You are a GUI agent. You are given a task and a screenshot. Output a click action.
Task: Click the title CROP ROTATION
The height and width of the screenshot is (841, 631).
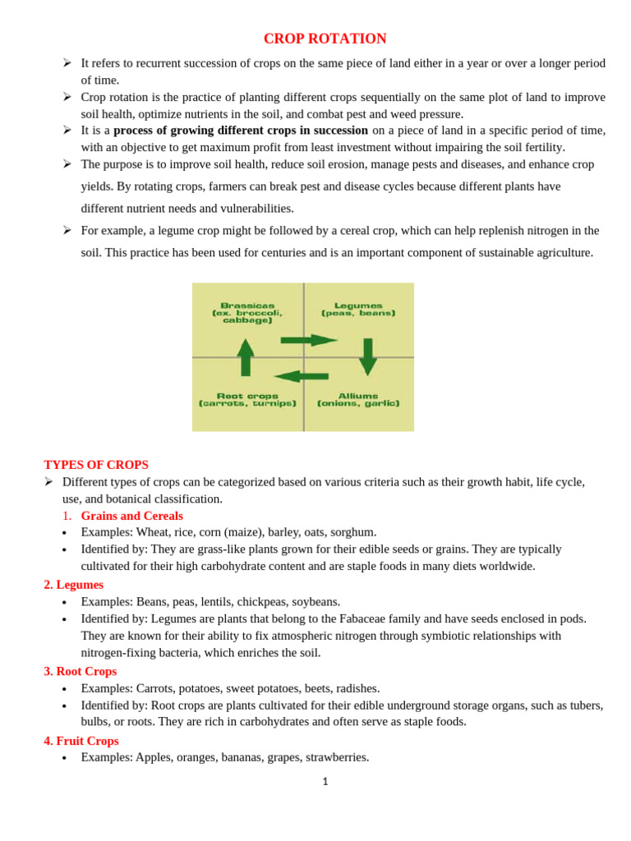[x=325, y=39]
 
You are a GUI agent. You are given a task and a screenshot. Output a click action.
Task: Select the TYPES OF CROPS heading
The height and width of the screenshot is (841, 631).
[x=96, y=465]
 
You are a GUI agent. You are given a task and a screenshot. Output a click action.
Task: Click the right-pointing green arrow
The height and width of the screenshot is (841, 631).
[x=308, y=340]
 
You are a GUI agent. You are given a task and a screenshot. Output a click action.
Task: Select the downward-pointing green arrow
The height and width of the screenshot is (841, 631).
[x=367, y=356]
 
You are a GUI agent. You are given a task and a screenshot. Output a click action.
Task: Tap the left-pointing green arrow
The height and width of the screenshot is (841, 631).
[x=301, y=376]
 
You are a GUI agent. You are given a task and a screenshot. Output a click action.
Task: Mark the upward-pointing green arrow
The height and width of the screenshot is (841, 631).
[x=246, y=357]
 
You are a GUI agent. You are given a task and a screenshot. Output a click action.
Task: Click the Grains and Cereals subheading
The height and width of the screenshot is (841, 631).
[x=131, y=516]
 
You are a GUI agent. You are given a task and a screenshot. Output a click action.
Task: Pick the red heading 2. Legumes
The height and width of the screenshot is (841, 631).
[x=74, y=585]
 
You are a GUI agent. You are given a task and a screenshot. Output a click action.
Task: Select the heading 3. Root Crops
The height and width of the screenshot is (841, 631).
[x=81, y=671]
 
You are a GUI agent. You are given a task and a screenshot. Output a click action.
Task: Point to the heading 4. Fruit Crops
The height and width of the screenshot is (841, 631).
[x=81, y=741]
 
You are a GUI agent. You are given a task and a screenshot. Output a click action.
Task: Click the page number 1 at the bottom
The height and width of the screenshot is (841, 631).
[x=325, y=782]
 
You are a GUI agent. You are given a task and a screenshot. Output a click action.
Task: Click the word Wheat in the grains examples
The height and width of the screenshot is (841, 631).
[x=153, y=532]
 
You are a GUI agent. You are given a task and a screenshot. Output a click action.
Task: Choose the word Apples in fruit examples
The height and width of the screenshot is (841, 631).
[x=154, y=757]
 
